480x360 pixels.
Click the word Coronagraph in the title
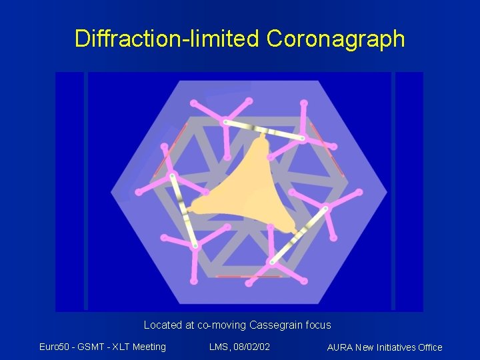[335, 39]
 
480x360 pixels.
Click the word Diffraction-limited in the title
[167, 39]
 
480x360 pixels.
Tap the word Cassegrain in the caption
[275, 325]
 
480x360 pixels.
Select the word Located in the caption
[162, 325]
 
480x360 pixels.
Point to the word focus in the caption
[317, 325]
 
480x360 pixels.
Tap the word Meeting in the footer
[149, 346]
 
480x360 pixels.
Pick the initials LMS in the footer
[219, 346]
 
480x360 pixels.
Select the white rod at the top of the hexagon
[264, 131]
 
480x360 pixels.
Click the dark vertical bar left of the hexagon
[86, 191]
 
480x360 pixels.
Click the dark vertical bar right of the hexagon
[393, 191]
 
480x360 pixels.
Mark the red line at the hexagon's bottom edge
[239, 276]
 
